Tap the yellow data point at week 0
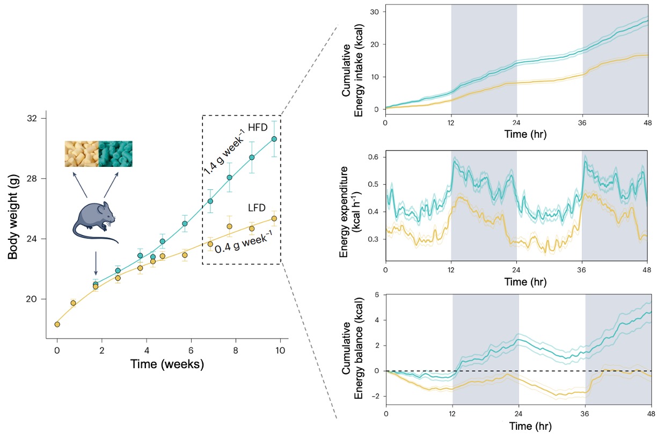[x=57, y=324]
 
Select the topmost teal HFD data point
[x=274, y=139]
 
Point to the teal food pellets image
[x=115, y=153]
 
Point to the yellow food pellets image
[x=82, y=153]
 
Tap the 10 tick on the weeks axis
[x=279, y=350]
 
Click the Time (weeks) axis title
[x=167, y=365]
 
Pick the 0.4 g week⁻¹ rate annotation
[x=247, y=243]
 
